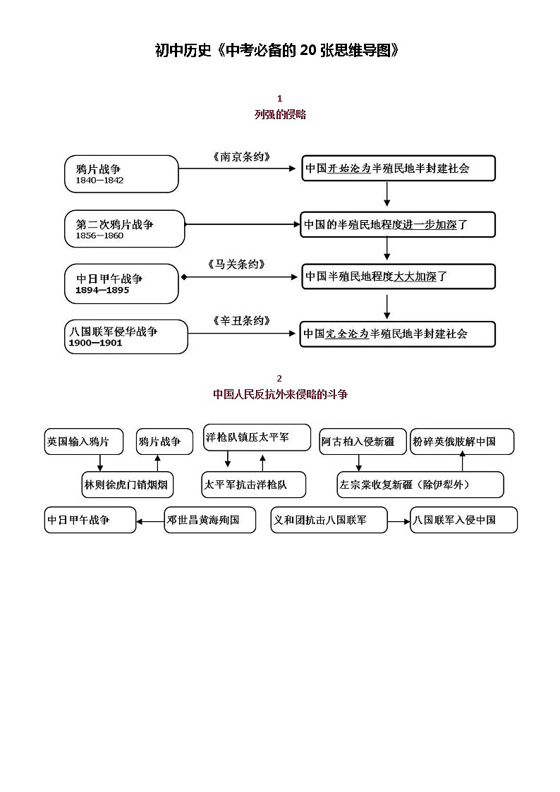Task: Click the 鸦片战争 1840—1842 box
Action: (x=121, y=174)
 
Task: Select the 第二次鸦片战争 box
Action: (x=125, y=229)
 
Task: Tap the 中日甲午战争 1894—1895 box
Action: (x=122, y=284)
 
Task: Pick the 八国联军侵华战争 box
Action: (x=127, y=336)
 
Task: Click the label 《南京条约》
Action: (x=241, y=157)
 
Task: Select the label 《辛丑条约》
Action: (x=241, y=321)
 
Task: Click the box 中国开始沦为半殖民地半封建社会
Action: (x=398, y=169)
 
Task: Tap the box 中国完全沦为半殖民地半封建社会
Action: (x=398, y=334)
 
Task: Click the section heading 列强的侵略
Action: (x=280, y=114)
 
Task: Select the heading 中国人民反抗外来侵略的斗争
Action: (x=280, y=394)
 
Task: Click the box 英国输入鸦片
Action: (x=83, y=441)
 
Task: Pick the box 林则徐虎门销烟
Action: (x=127, y=485)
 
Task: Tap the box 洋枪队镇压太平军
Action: (x=257, y=437)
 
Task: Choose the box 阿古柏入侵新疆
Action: (x=363, y=441)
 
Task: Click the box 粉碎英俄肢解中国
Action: (x=462, y=441)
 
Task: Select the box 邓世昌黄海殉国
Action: (x=209, y=520)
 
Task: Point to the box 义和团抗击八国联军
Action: (x=329, y=520)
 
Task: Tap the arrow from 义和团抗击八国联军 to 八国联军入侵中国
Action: (x=398, y=521)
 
